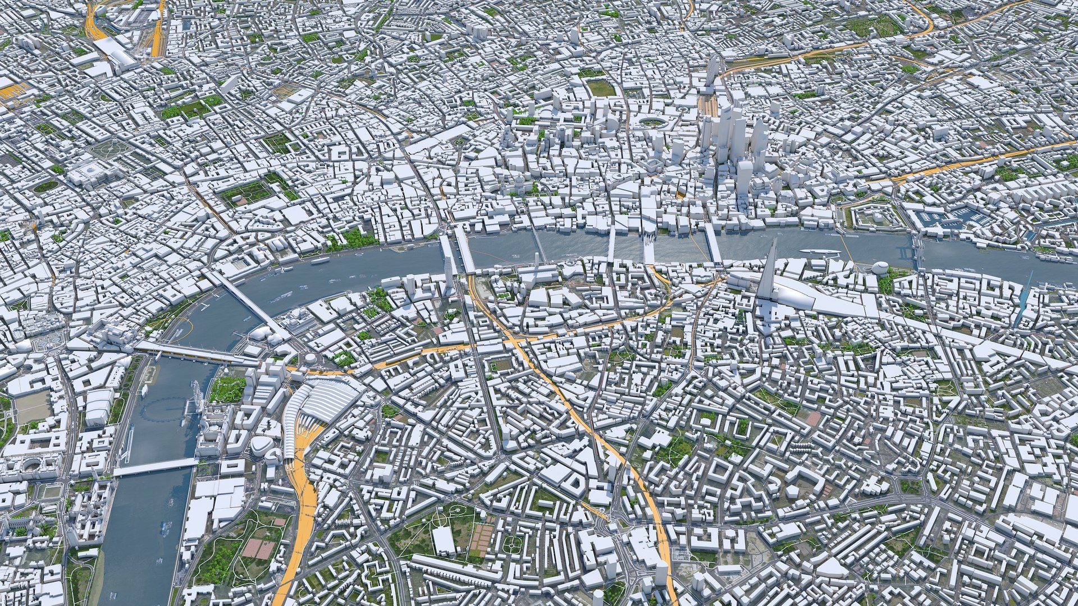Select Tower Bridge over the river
coord(919,255)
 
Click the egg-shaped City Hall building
coord(879,269)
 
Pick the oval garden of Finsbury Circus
coord(651,121)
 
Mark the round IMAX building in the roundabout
coord(310,359)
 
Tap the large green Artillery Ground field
coord(601,88)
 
